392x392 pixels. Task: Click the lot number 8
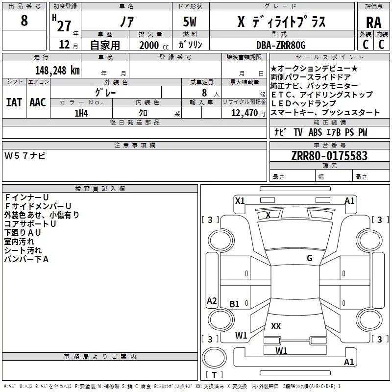pyautogui.click(x=24, y=20)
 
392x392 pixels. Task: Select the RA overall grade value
pyautogui.click(x=373, y=23)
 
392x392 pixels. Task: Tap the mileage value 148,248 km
pyautogui.click(x=57, y=71)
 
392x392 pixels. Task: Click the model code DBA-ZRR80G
pyautogui.click(x=281, y=45)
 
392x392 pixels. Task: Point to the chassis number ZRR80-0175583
pyautogui.click(x=329, y=156)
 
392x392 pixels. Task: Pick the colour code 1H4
pyautogui.click(x=81, y=113)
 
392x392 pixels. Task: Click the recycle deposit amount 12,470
pyautogui.click(x=244, y=113)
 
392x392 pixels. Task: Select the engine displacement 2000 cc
pyautogui.click(x=154, y=45)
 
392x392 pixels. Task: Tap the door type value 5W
pyautogui.click(x=190, y=22)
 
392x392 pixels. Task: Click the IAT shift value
pyautogui.click(x=14, y=102)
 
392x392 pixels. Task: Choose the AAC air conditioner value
pyautogui.click(x=38, y=102)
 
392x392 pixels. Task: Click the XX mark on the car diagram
pyautogui.click(x=276, y=326)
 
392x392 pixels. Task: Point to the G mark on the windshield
pyautogui.click(x=310, y=258)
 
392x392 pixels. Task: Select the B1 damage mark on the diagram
pyautogui.click(x=234, y=304)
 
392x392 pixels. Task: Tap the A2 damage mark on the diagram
pyautogui.click(x=212, y=300)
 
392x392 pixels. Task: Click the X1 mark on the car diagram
pyautogui.click(x=240, y=200)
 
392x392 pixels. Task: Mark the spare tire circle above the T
pyautogui.click(x=214, y=358)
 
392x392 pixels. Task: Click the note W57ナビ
pyautogui.click(x=25, y=156)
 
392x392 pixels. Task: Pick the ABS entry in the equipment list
pyautogui.click(x=315, y=132)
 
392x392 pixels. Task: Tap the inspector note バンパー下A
pyautogui.click(x=26, y=259)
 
